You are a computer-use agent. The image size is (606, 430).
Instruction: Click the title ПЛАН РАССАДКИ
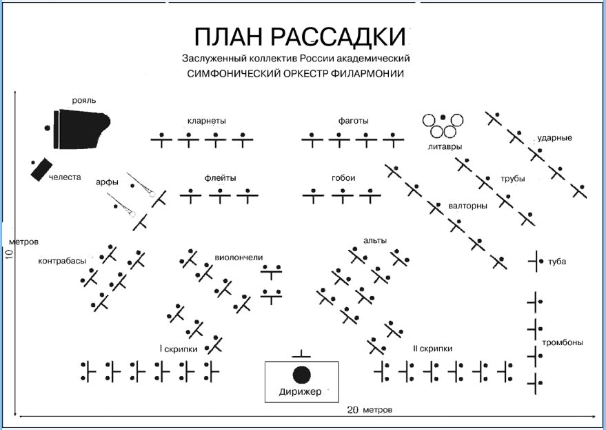coord(300,37)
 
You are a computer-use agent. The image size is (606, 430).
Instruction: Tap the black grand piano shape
coord(82,129)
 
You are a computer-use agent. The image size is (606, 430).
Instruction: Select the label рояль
coord(84,101)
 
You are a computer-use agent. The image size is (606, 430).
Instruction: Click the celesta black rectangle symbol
coord(41,169)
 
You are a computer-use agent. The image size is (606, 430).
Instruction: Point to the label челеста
coord(65,177)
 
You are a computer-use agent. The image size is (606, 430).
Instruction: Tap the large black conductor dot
coord(302,375)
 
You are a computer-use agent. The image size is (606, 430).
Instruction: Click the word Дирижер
coord(300,391)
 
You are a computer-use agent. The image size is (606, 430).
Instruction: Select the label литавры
coord(445,147)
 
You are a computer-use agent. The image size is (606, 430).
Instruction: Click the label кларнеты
coord(206,121)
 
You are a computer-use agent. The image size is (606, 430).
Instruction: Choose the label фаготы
coord(353,121)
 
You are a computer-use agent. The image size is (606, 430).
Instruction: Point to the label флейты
coord(220,178)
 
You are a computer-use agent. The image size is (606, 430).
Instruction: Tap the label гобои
coord(343,178)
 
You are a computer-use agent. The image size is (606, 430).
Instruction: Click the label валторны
coord(467,206)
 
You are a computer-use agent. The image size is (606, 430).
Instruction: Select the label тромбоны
coord(563,343)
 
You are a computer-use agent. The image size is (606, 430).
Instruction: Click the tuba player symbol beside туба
coord(536,262)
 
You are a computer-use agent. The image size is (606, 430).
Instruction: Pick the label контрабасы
coord(62,261)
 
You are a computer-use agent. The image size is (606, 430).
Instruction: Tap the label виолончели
coord(239,257)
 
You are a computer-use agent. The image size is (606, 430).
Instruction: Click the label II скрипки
coord(432,349)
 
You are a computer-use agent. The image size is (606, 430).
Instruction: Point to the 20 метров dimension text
coord(370,410)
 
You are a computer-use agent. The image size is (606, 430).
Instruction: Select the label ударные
coord(554,138)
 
